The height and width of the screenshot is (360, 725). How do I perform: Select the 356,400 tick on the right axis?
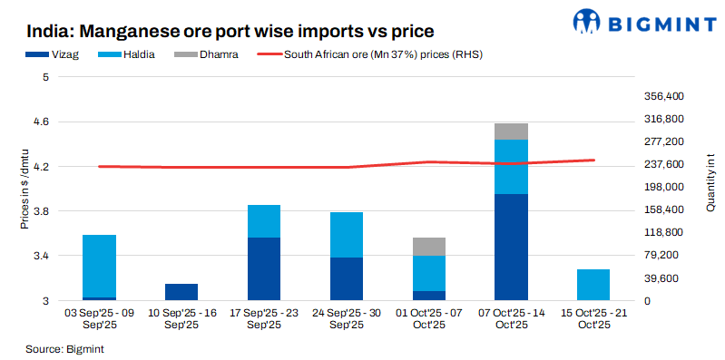point(662,96)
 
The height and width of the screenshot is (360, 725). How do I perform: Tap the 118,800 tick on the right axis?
point(662,232)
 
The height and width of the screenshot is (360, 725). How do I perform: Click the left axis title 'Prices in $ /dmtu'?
point(25,189)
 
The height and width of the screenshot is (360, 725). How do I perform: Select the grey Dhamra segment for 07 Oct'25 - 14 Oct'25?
point(512,131)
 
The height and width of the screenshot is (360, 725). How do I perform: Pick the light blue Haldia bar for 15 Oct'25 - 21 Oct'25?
point(593,285)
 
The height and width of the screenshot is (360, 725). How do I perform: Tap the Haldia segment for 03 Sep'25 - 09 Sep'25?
point(99,266)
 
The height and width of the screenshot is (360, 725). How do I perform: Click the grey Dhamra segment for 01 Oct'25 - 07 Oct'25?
point(429,247)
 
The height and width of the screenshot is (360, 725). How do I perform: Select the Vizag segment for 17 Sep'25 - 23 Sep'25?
point(264,268)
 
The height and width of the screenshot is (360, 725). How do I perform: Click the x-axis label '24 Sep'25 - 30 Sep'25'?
point(347,318)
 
